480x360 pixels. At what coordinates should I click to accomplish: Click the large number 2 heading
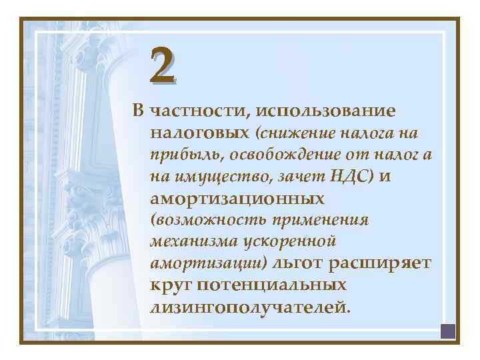[163, 65]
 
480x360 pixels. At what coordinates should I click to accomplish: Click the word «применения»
[317, 221]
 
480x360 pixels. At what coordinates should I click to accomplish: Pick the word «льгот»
[297, 263]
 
